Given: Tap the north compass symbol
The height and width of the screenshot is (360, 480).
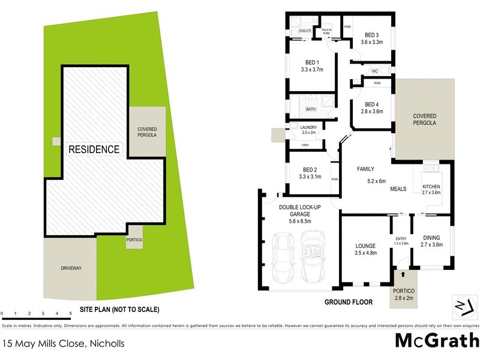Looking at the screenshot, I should [460, 305].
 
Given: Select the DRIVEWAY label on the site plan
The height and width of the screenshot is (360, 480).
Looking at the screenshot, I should [70, 268].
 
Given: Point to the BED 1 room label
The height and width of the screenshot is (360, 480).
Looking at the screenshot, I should [312, 62].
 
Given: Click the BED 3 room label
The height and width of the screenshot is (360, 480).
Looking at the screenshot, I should [371, 35].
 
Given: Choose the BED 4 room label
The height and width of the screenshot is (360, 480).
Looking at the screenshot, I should [371, 104].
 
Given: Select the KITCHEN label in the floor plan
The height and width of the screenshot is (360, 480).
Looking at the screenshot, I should [431, 186].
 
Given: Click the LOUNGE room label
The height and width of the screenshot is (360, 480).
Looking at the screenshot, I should [365, 245].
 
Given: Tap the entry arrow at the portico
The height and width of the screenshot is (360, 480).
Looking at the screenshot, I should [402, 274].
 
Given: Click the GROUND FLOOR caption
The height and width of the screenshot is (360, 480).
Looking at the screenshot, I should [349, 302].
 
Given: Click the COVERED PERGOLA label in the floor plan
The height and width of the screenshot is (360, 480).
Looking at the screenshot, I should [424, 119].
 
